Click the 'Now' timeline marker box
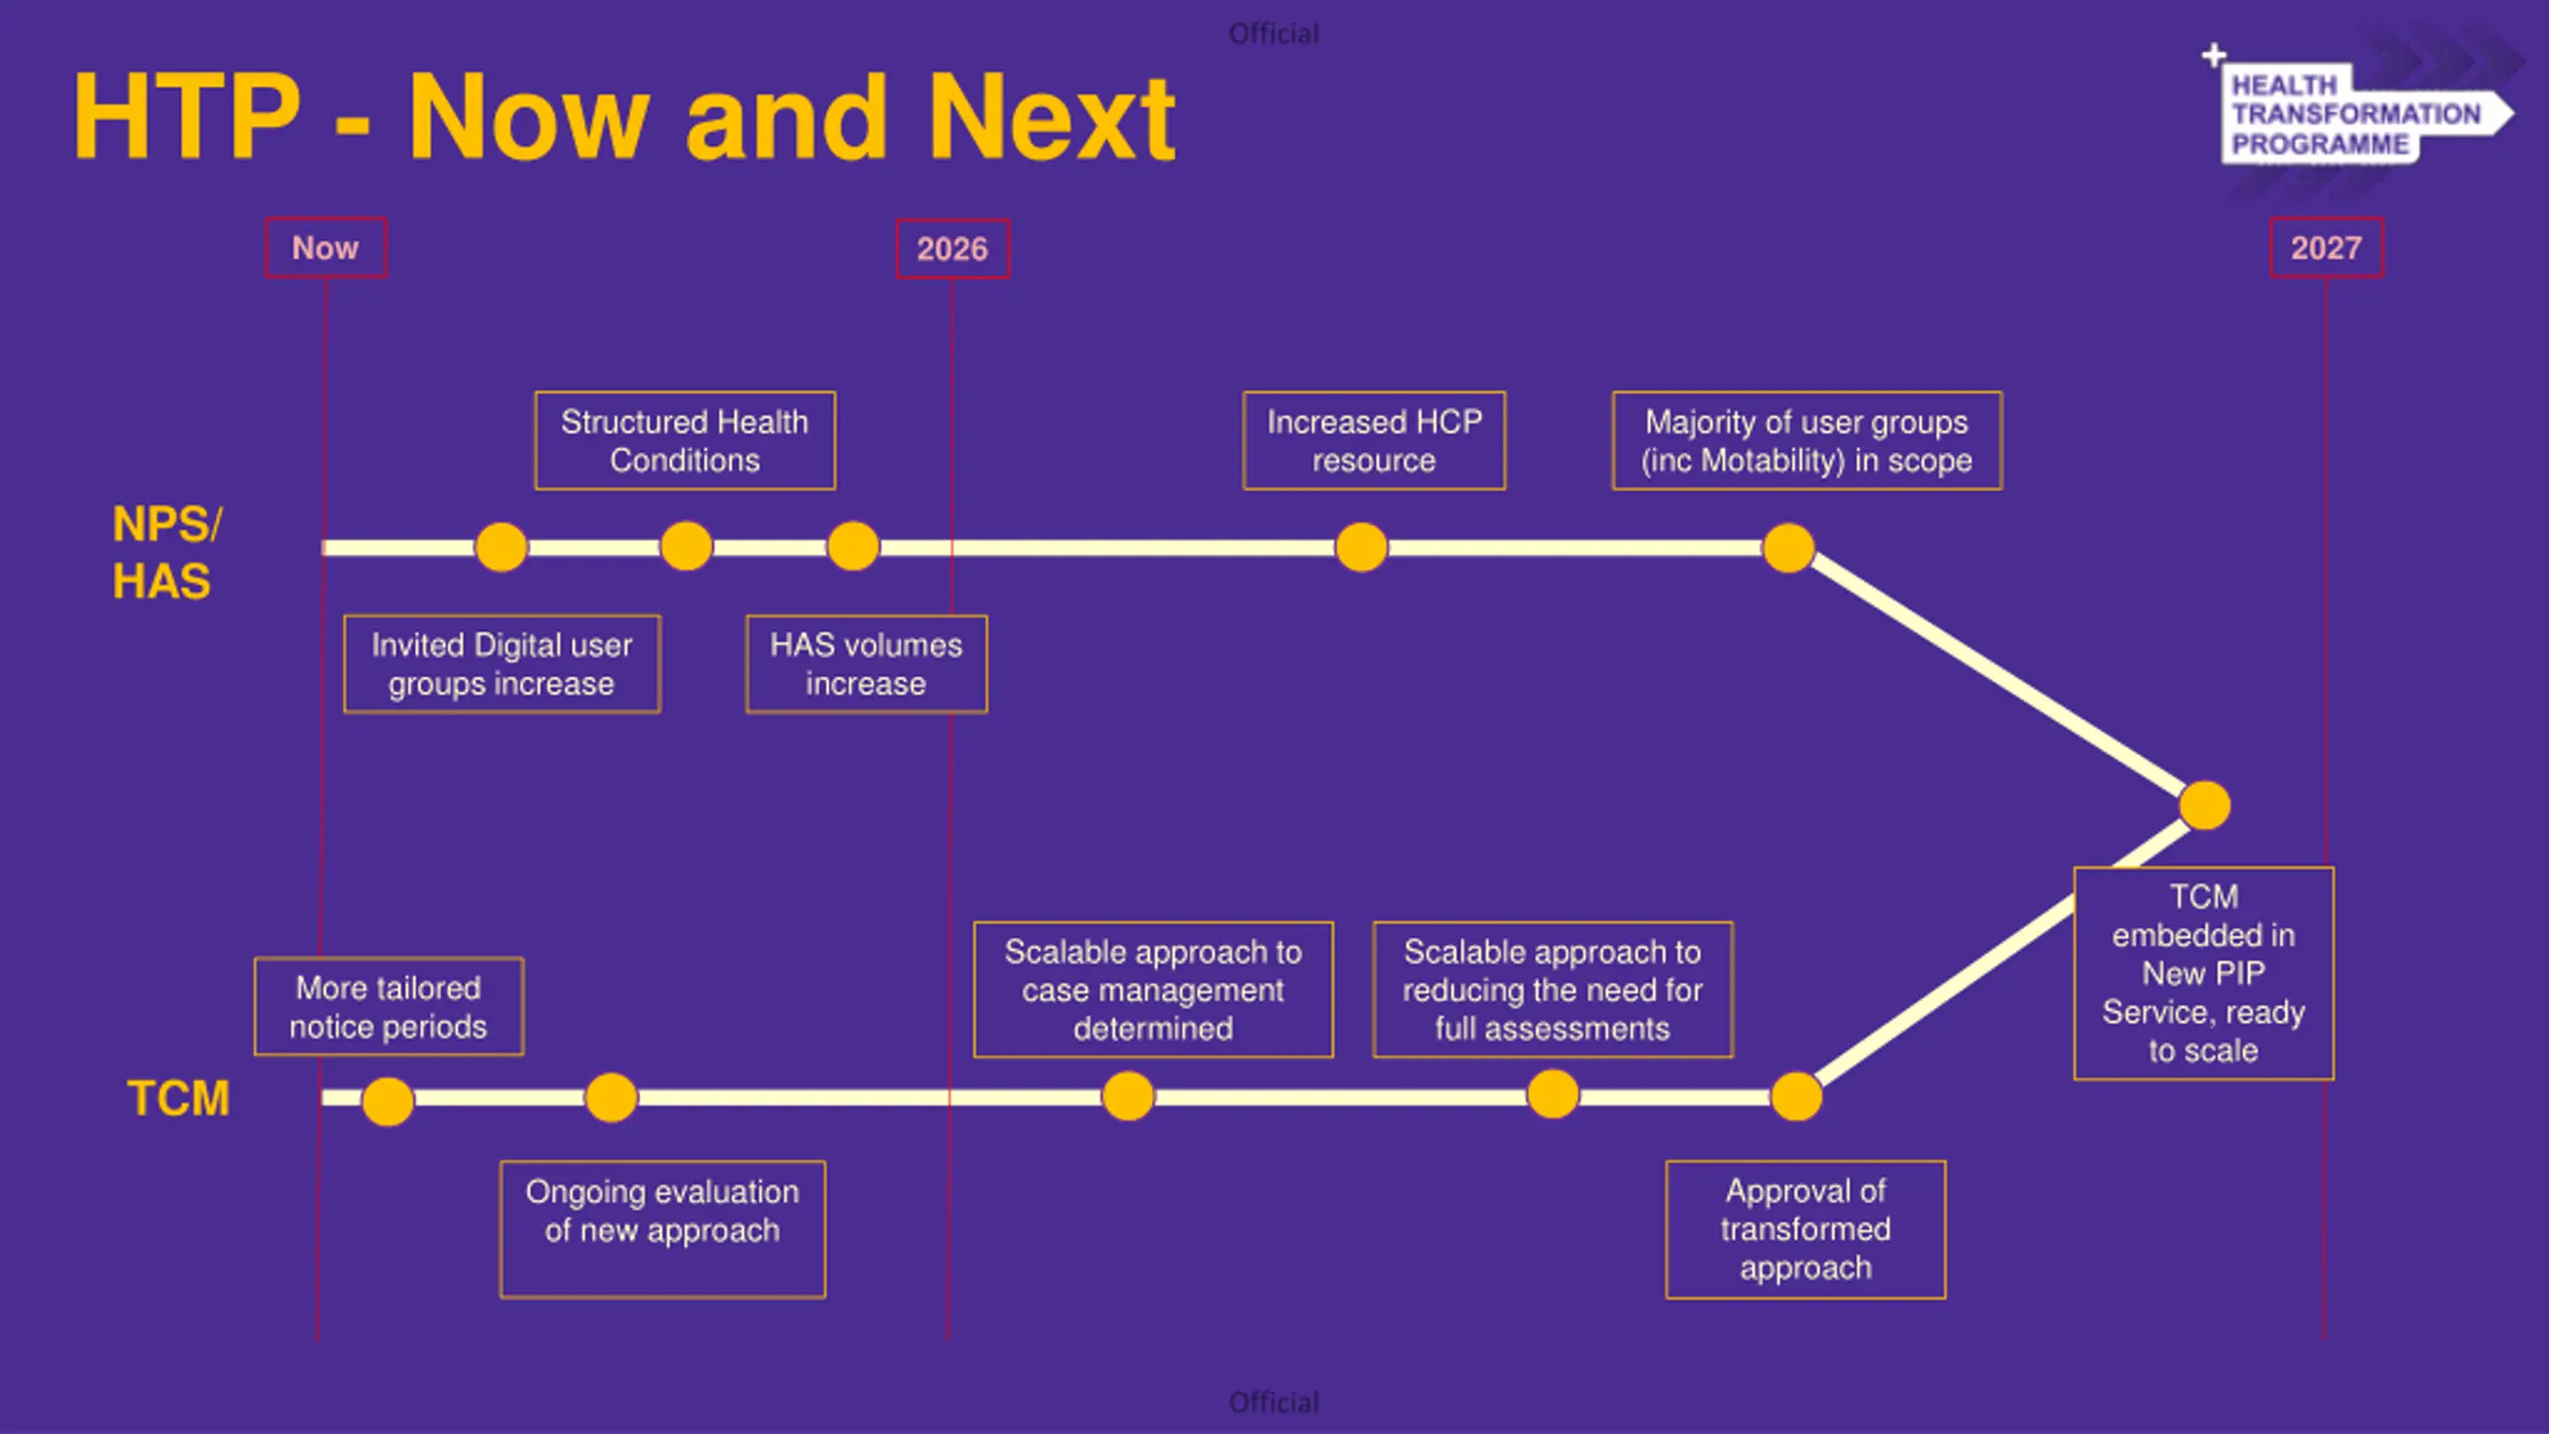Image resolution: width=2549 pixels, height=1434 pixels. click(x=326, y=248)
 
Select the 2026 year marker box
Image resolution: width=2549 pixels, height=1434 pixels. click(x=952, y=249)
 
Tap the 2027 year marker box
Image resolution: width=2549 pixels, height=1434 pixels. click(x=2326, y=248)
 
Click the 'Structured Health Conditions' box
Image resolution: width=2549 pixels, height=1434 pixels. click(x=685, y=441)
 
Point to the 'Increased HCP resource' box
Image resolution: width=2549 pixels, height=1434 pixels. click(x=1374, y=441)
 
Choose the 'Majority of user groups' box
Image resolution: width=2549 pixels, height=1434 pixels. click(x=1806, y=441)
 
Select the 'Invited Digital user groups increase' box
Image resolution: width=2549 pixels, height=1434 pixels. click(x=502, y=664)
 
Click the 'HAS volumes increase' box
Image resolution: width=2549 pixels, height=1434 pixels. click(x=866, y=664)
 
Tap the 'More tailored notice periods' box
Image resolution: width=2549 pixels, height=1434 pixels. click(x=388, y=1007)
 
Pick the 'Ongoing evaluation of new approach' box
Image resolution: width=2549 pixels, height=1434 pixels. click(x=662, y=1229)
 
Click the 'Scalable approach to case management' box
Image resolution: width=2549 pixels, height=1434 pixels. click(x=1153, y=990)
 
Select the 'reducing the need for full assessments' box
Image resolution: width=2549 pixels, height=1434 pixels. click(x=1552, y=990)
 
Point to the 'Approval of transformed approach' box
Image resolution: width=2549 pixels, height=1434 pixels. click(x=1805, y=1229)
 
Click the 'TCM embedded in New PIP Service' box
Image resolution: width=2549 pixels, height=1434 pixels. click(x=2203, y=973)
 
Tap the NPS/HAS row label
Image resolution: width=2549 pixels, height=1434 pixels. click(x=164, y=553)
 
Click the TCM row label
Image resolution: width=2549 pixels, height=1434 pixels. click(x=179, y=1098)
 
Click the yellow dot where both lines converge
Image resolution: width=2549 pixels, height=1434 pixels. click(x=2204, y=806)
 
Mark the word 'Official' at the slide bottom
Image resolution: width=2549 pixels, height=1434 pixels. click(x=1274, y=1402)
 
